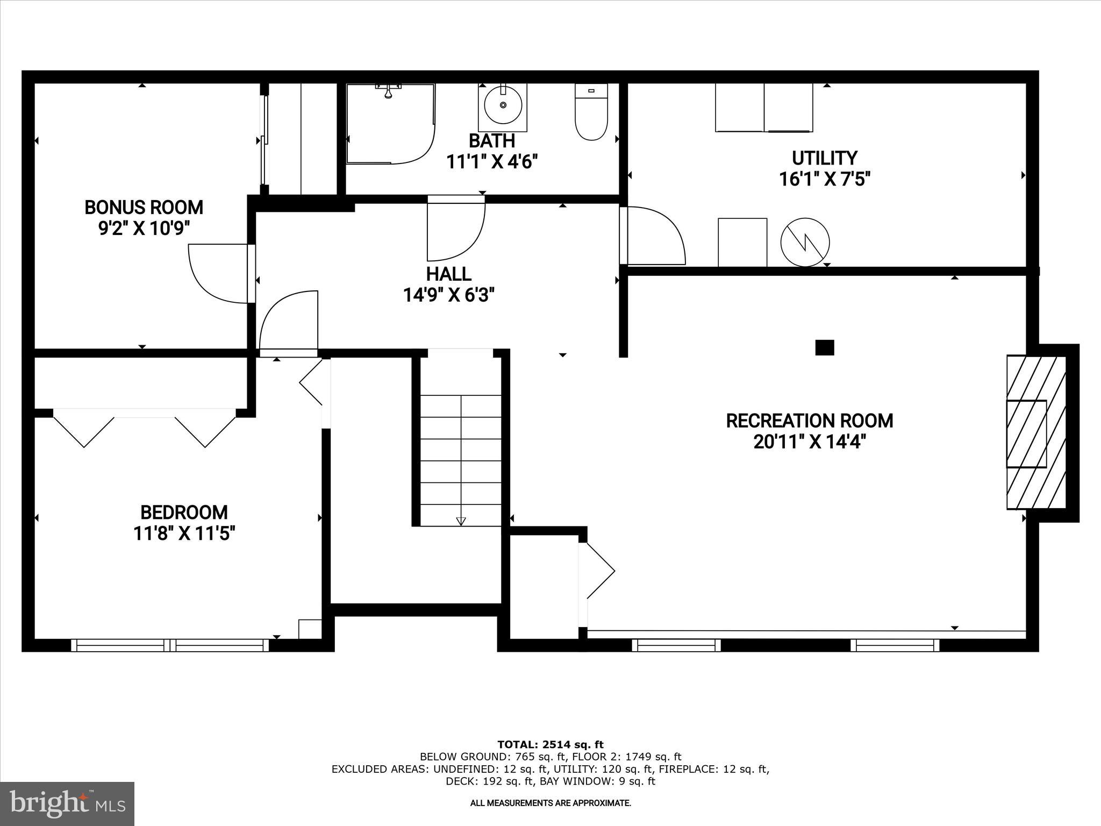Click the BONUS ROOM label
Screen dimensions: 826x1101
(144, 207)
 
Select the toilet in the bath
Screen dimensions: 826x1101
(591, 113)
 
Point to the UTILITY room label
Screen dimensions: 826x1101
(824, 158)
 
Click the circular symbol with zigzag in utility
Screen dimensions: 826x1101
(805, 243)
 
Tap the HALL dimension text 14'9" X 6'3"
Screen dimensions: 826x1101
(449, 295)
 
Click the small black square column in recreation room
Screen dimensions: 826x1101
(824, 347)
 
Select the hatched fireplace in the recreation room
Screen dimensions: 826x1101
(1035, 432)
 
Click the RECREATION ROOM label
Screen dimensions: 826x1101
(809, 421)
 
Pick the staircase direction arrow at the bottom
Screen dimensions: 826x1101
(461, 521)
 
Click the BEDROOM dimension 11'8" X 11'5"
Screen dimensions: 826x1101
(184, 533)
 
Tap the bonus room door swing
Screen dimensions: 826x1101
(218, 273)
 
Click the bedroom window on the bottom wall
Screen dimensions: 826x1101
(170, 645)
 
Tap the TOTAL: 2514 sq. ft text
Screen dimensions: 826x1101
(550, 744)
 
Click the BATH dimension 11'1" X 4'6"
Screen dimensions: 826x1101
(492, 161)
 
